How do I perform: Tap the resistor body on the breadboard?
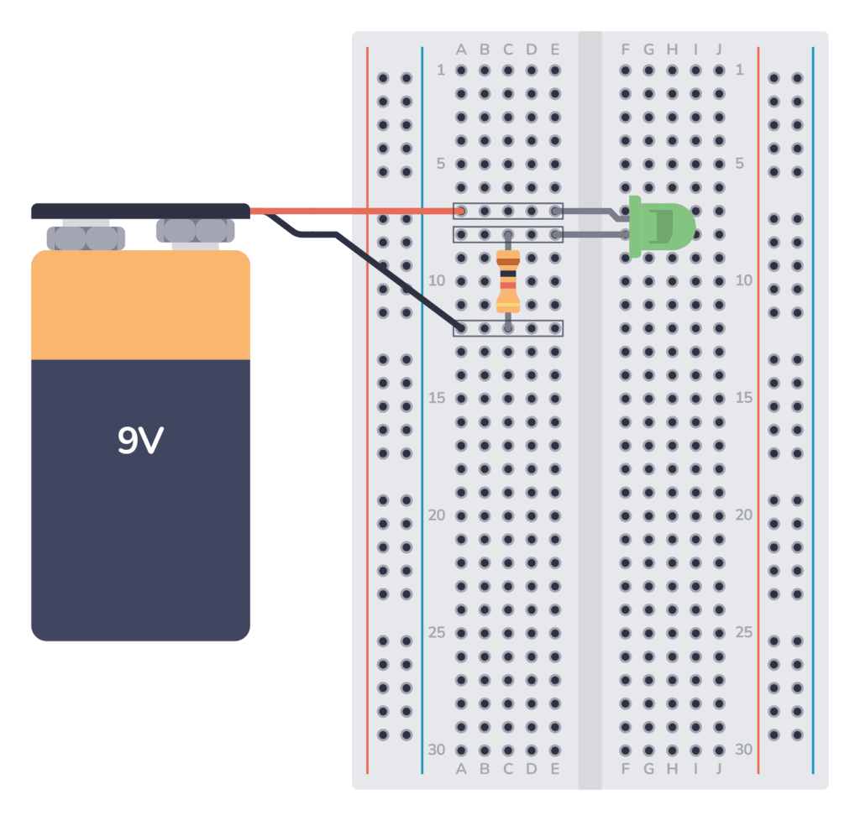coord(507,280)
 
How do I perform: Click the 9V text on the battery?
coord(139,440)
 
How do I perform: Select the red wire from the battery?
coord(353,210)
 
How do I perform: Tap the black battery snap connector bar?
coord(140,211)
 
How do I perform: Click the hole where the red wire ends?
coord(460,210)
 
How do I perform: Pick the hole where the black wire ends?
coord(460,327)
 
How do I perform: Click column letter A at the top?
coord(460,50)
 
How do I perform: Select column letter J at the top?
coord(719,50)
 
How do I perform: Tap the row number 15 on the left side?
coord(437,398)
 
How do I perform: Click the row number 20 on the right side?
coord(743,515)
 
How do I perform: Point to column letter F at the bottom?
coord(625,768)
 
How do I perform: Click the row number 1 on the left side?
coord(441,70)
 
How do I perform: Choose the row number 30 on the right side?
coord(743,749)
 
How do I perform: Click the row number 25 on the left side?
coord(437,632)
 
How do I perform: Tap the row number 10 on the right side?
coord(743,280)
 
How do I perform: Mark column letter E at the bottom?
coord(554,768)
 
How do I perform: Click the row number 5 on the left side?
coord(440,164)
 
